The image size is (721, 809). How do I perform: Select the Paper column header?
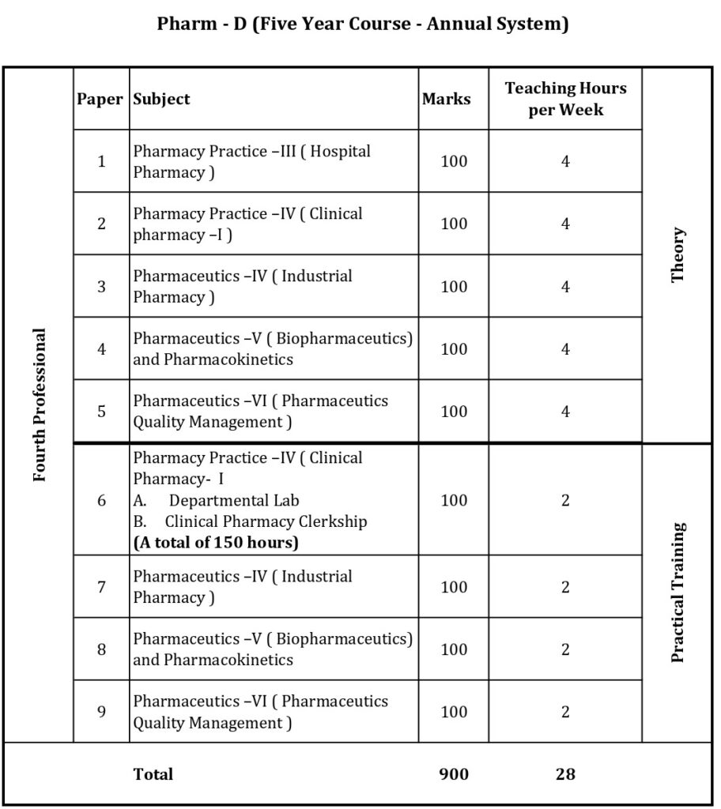(x=100, y=99)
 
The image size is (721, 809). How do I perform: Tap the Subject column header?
(x=162, y=99)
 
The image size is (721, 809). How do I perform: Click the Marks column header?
(x=447, y=99)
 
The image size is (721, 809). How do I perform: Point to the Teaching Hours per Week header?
(x=565, y=99)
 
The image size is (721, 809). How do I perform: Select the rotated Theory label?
(x=678, y=255)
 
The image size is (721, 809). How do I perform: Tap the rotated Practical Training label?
(x=678, y=592)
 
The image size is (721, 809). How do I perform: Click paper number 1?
(x=101, y=161)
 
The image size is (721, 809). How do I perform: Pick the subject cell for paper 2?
(x=248, y=224)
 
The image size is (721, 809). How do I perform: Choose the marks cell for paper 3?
(x=454, y=286)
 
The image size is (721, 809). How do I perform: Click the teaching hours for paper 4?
(x=565, y=348)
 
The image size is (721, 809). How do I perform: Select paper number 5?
(x=101, y=411)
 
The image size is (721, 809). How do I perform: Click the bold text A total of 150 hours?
(x=215, y=543)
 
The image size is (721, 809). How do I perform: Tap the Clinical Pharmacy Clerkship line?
(x=266, y=521)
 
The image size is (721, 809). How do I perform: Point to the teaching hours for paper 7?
(x=565, y=587)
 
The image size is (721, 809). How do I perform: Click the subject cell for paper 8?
(x=273, y=649)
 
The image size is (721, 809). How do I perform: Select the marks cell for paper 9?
(x=454, y=712)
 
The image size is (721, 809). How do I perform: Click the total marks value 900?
(x=454, y=774)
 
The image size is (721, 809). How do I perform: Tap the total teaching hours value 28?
(x=565, y=774)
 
